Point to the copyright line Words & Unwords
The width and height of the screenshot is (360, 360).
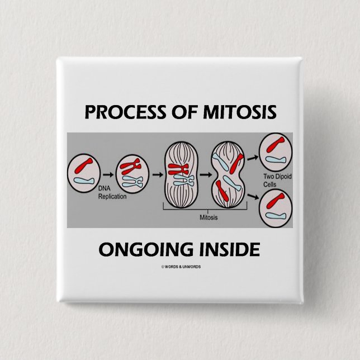(x=180, y=267)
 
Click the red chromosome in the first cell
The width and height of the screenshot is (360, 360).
(x=84, y=168)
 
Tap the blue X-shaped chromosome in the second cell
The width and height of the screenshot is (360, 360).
(x=132, y=182)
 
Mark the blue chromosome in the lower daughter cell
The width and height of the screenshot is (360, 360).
(x=275, y=215)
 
